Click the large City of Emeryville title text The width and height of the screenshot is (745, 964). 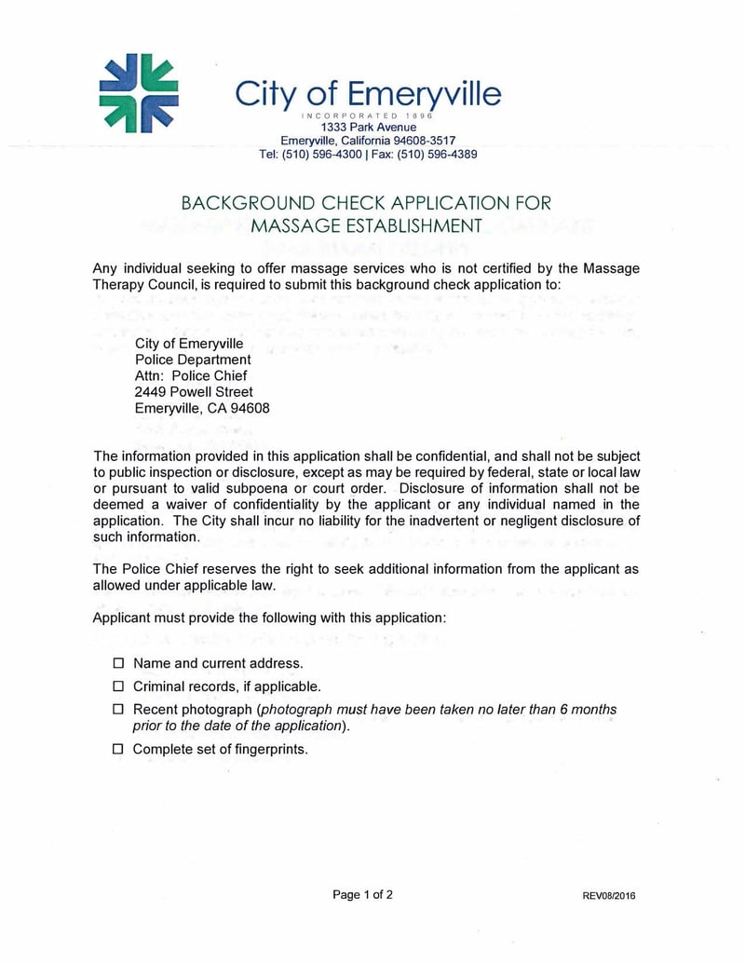tap(367, 93)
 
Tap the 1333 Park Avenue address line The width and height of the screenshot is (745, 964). tap(368, 127)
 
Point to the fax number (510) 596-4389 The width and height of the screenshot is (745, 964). tap(438, 155)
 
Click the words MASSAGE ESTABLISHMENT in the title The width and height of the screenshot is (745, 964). tap(366, 225)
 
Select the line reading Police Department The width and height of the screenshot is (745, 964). tap(193, 360)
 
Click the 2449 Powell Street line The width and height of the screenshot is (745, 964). tap(194, 392)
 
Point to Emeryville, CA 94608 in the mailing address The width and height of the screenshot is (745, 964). tap(202, 408)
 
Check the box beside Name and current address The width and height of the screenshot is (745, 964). tap(118, 664)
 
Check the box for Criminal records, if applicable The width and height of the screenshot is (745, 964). tap(118, 686)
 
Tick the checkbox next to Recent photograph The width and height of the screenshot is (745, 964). tap(118, 710)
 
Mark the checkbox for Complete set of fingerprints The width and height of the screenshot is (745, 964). tap(118, 749)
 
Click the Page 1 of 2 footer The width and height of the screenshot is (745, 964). tap(362, 895)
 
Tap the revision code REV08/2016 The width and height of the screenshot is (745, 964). tap(609, 897)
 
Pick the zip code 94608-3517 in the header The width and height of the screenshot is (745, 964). tap(426, 141)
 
